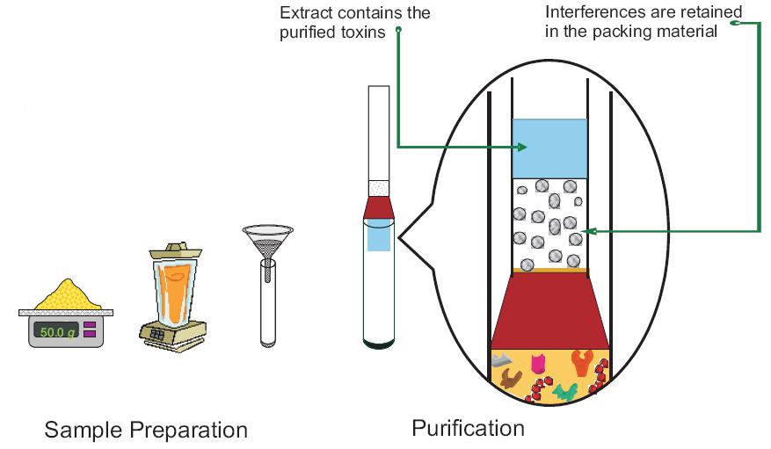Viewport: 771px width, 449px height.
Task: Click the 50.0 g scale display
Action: pos(55,331)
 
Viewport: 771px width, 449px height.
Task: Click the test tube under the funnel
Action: pos(266,303)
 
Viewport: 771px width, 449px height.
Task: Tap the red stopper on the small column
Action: pos(378,207)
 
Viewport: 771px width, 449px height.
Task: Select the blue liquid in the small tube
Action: pos(378,236)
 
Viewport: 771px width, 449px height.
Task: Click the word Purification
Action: pos(468,428)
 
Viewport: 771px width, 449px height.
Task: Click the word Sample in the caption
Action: pos(84,431)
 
